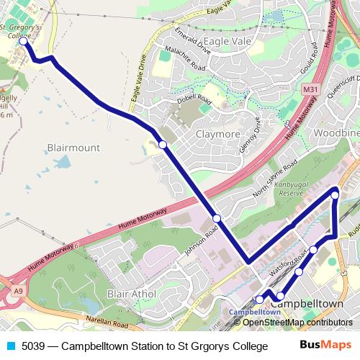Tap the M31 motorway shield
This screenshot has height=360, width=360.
point(310,89)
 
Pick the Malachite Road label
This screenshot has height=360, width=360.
point(184,60)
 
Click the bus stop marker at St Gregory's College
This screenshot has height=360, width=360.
point(22,42)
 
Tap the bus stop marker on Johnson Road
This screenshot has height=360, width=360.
point(216,217)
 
